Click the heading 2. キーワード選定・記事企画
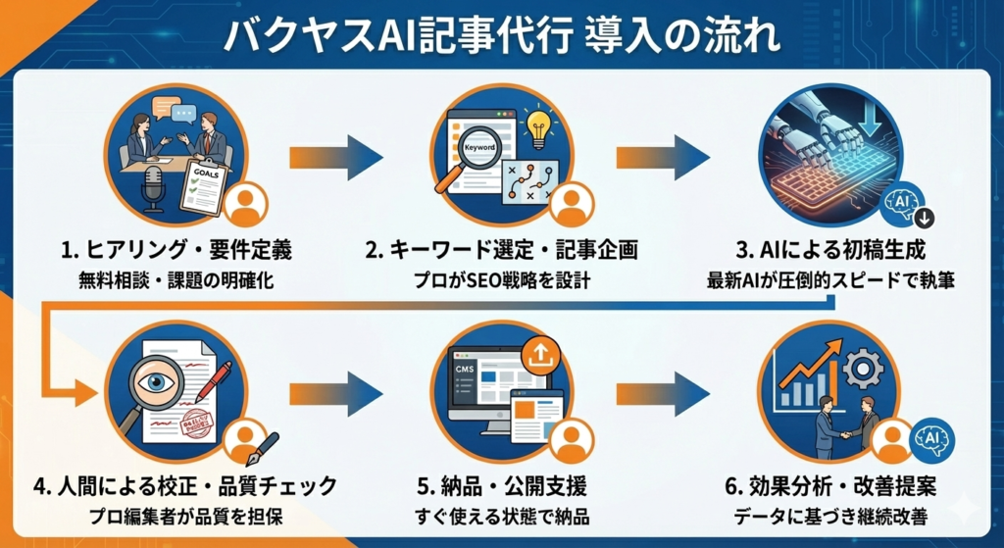coord(501,251)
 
